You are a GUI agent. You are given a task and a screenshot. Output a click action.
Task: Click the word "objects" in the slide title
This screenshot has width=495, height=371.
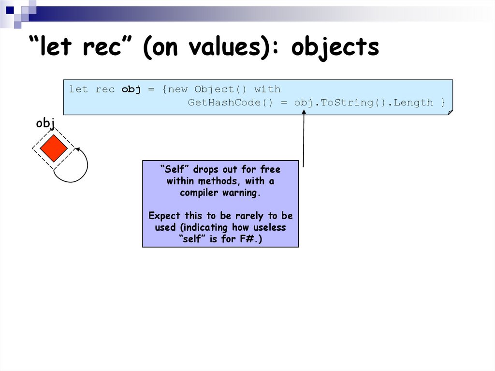[x=335, y=47]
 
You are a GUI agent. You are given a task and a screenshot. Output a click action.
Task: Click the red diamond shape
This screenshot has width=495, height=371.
[x=53, y=148]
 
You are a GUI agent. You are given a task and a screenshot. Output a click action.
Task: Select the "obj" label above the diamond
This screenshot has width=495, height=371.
[x=45, y=123]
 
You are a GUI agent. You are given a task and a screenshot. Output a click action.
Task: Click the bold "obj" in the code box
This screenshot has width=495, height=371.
[x=131, y=89]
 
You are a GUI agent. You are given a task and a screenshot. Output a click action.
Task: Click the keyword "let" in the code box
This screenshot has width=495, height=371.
[x=78, y=89]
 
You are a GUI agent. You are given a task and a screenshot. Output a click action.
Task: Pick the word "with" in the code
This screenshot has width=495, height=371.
[x=267, y=89]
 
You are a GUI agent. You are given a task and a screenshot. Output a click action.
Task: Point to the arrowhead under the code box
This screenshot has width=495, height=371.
[x=304, y=113]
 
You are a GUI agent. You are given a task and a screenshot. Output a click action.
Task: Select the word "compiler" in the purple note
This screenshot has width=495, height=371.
[x=199, y=193]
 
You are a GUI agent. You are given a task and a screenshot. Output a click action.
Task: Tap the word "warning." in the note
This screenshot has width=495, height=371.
[x=241, y=193]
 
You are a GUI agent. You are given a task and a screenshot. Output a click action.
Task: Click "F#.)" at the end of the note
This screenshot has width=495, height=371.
[x=251, y=239]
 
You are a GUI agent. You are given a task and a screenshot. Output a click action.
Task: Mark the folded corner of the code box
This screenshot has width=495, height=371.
[x=450, y=112]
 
